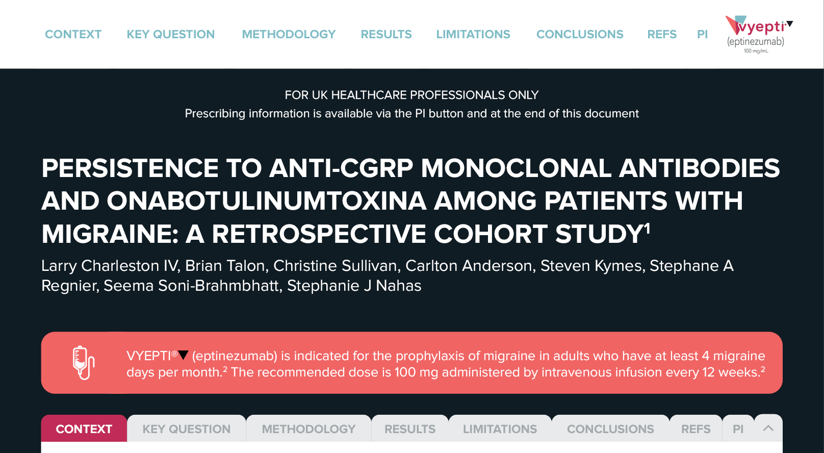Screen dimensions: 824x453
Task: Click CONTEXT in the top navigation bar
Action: [x=73, y=34]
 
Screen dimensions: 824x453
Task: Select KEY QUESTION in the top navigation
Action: [x=171, y=34]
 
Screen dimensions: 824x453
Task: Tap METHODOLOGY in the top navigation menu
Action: [x=289, y=34]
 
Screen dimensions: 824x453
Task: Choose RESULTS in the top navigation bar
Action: [x=387, y=34]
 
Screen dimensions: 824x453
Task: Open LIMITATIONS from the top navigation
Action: [x=473, y=34]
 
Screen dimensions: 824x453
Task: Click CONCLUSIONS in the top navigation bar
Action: [x=580, y=34]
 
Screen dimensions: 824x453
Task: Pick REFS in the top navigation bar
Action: [x=662, y=34]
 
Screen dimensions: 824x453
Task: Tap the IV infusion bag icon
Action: [x=84, y=363]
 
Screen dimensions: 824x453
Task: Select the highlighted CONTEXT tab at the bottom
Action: [x=84, y=429]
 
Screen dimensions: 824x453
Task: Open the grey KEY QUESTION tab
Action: [x=187, y=429]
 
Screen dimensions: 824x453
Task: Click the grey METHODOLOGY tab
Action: [x=308, y=429]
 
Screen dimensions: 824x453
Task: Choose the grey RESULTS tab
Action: [x=410, y=429]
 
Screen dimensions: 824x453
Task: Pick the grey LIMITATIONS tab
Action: [x=500, y=429]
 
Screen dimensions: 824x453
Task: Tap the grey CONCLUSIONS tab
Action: [x=610, y=429]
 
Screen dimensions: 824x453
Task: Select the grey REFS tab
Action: [x=696, y=429]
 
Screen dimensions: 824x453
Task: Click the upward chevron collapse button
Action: [x=768, y=428]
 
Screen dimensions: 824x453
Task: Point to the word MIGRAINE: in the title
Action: [x=110, y=234]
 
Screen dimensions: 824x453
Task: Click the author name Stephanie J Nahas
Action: [x=354, y=286]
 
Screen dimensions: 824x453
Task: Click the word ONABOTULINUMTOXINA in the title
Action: [x=266, y=202]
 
